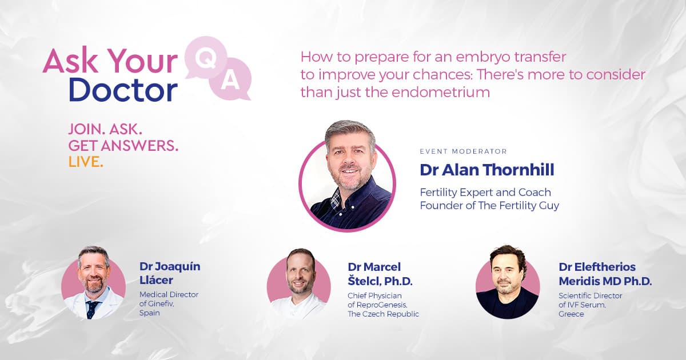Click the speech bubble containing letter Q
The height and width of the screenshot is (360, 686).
click(206, 58)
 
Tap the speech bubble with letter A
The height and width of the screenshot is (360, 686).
click(230, 79)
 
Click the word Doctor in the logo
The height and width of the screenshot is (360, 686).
click(123, 90)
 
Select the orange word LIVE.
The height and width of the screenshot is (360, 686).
click(86, 162)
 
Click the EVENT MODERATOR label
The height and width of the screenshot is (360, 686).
click(464, 151)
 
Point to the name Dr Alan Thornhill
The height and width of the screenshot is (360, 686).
click(487, 170)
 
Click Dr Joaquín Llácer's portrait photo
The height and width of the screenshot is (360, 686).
click(93, 283)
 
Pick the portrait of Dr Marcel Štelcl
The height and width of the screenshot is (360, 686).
click(299, 284)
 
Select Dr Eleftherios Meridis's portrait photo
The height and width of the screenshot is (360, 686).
click(508, 282)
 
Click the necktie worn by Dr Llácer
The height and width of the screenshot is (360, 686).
click(91, 309)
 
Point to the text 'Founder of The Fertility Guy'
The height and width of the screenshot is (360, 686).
click(489, 205)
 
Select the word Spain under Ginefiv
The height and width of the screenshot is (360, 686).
click(149, 313)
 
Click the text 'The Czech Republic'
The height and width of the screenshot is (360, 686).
click(383, 314)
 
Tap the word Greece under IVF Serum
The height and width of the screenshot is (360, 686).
click(571, 314)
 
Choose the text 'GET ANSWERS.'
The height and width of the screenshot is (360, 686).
click(123, 146)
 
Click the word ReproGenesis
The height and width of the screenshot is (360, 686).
click(381, 305)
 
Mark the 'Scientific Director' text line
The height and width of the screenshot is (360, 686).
click(590, 296)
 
